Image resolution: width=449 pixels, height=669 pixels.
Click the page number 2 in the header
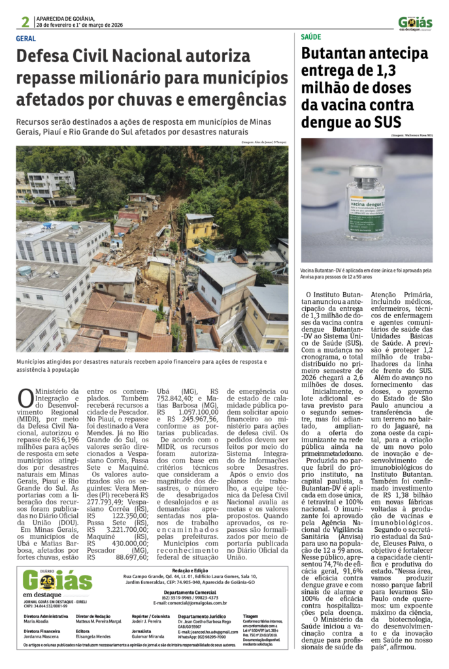(x=25, y=23)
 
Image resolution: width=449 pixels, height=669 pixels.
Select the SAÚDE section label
(x=311, y=37)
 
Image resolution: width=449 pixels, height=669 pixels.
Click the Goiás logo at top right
(x=415, y=23)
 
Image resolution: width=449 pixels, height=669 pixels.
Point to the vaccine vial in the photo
(x=365, y=203)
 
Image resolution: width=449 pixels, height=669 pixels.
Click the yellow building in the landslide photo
(x=199, y=229)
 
